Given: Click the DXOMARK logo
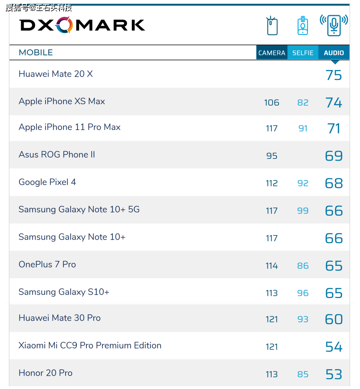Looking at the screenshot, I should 82,25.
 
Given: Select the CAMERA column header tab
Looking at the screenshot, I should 272,53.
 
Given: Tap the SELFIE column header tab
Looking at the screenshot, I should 303,53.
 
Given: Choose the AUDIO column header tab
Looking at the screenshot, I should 334,53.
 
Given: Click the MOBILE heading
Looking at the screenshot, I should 36,53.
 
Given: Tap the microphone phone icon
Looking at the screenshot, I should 334,25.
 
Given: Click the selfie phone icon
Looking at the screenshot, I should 303,26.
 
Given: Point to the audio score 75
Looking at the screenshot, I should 333,75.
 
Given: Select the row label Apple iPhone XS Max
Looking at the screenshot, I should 62,101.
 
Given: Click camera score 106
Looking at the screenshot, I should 272,102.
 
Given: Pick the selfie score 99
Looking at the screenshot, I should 303,210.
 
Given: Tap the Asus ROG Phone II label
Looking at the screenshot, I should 57,155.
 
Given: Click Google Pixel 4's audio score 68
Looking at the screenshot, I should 333,183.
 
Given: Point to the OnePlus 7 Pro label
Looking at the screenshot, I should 47,264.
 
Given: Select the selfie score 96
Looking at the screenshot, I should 303,293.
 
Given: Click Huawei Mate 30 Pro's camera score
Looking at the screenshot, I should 272,319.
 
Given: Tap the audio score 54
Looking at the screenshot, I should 333,347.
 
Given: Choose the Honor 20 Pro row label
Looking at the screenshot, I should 45,373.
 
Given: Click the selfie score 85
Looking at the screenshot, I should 303,374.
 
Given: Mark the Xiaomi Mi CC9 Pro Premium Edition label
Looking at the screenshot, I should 90,345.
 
